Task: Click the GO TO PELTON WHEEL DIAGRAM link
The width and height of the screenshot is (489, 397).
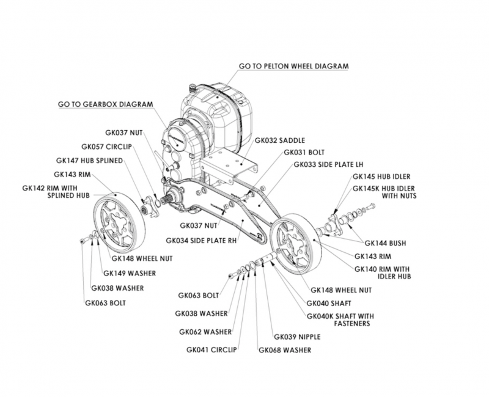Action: pyautogui.click(x=294, y=67)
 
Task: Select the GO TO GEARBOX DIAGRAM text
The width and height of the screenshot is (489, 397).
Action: pyautogui.click(x=106, y=104)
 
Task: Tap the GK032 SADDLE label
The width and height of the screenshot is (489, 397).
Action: pyautogui.click(x=280, y=140)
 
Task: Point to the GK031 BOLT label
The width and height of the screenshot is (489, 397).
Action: pyautogui.click(x=304, y=152)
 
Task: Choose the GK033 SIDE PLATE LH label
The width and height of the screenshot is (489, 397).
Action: pyautogui.click(x=328, y=164)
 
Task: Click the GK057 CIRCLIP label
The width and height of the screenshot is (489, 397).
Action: pyautogui.click(x=106, y=147)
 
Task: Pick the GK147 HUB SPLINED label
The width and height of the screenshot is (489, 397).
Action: pyautogui.click(x=89, y=161)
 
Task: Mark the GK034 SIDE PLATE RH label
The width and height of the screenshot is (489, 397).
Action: pyautogui.click(x=201, y=241)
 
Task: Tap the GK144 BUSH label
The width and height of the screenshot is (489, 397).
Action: pyautogui.click(x=386, y=243)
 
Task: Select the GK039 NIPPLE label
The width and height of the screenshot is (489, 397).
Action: pyautogui.click(x=297, y=337)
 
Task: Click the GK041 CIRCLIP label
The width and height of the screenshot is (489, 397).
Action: pyautogui.click(x=211, y=349)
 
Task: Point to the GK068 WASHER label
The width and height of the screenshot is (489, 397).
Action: pyautogui.click(x=285, y=350)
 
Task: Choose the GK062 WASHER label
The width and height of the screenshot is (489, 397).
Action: pyautogui.click(x=205, y=332)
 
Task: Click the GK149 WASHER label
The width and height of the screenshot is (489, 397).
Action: pyautogui.click(x=130, y=273)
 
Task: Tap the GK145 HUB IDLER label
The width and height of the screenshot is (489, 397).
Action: pyautogui.click(x=381, y=177)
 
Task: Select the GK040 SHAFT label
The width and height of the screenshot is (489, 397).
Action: pyautogui.click(x=329, y=303)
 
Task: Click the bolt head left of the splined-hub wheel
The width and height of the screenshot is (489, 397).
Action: pyautogui.click(x=83, y=241)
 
